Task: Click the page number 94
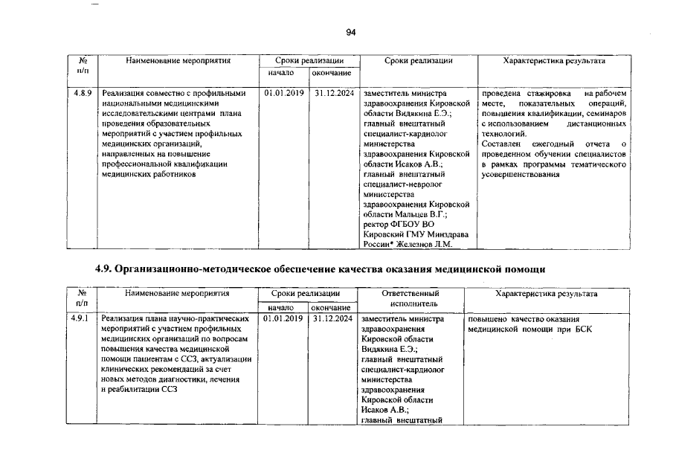click(351, 32)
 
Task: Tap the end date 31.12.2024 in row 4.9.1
click(332, 319)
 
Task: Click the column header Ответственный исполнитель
click(410, 298)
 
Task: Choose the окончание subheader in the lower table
click(332, 307)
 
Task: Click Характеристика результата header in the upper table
click(554, 61)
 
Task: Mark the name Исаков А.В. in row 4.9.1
click(384, 409)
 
